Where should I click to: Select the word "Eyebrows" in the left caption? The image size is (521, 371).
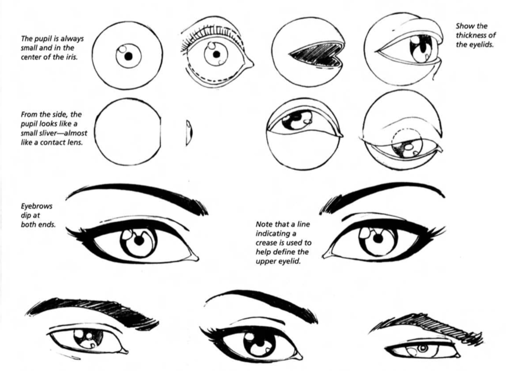(x=37, y=206)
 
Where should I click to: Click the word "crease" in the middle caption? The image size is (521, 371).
(x=266, y=243)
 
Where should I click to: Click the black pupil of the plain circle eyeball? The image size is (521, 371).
(x=128, y=56)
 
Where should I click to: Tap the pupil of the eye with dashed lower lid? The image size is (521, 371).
(x=217, y=54)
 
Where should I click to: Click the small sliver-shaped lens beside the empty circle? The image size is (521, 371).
(x=189, y=133)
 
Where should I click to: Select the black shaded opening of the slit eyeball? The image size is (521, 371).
(x=316, y=55)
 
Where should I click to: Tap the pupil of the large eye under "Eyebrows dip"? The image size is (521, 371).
(x=139, y=240)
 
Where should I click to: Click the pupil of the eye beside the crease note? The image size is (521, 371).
(x=378, y=239)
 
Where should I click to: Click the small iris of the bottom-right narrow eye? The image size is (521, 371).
(x=423, y=349)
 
